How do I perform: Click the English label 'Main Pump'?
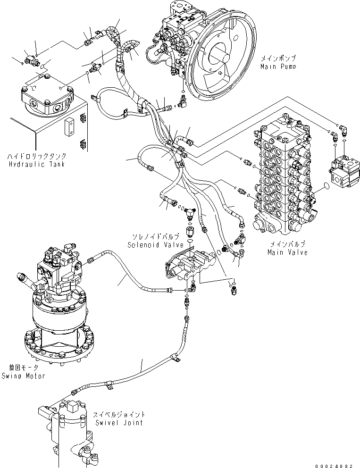click(278, 67)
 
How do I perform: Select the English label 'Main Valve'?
click(287, 252)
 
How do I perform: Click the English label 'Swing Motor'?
click(23, 376)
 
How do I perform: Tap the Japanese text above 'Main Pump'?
click(278, 58)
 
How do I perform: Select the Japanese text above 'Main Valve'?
click(287, 244)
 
